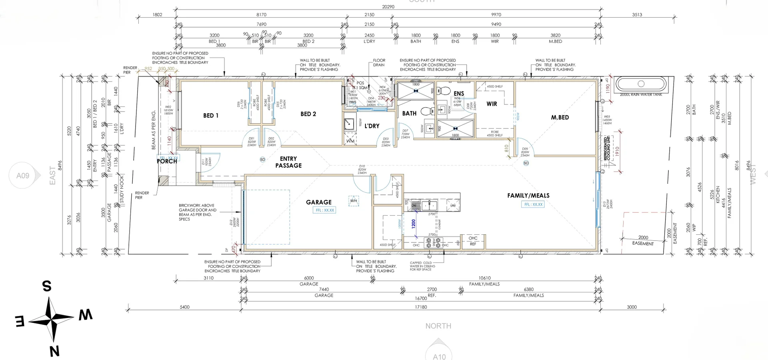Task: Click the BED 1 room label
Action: coord(211,116)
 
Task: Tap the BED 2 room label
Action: coord(308,114)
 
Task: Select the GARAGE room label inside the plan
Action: coord(318,202)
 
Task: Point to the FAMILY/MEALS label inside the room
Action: coord(528,196)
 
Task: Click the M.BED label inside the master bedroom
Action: coord(560,118)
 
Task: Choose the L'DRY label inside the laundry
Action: coord(372,126)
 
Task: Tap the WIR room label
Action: coord(492,104)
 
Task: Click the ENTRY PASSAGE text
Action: coord(288,162)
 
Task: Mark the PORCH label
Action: coord(167,161)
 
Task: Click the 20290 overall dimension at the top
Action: coord(388,7)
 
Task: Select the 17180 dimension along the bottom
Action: coord(421,307)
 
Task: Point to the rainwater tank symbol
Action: coord(641,84)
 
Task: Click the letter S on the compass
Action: coord(47,286)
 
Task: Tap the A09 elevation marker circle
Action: coord(23,176)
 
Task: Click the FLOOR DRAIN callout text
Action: coord(379,63)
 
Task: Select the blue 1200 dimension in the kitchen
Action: coord(414,223)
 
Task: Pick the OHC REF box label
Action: coord(473,241)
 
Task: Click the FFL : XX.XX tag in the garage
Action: coord(324,210)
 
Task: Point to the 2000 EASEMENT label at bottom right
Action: coord(643,240)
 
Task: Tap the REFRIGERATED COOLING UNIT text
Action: coord(608,148)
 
